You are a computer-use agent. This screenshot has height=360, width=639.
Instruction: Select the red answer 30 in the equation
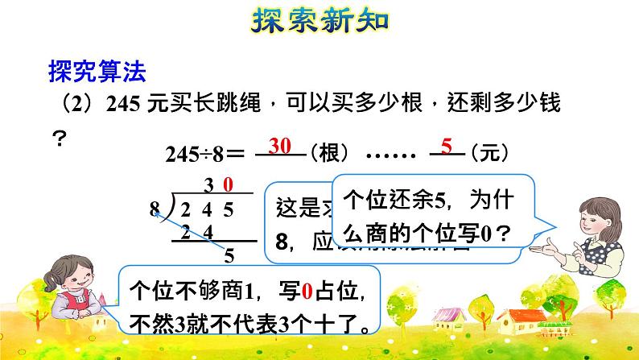pos(279,146)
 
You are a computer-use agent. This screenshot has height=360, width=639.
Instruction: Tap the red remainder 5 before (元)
pos(447,146)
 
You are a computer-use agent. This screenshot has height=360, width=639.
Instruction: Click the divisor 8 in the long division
pos(155,210)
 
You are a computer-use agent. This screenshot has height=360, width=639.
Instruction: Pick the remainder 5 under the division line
pos(229,256)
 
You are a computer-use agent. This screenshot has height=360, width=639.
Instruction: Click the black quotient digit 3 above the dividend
pos(208,186)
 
